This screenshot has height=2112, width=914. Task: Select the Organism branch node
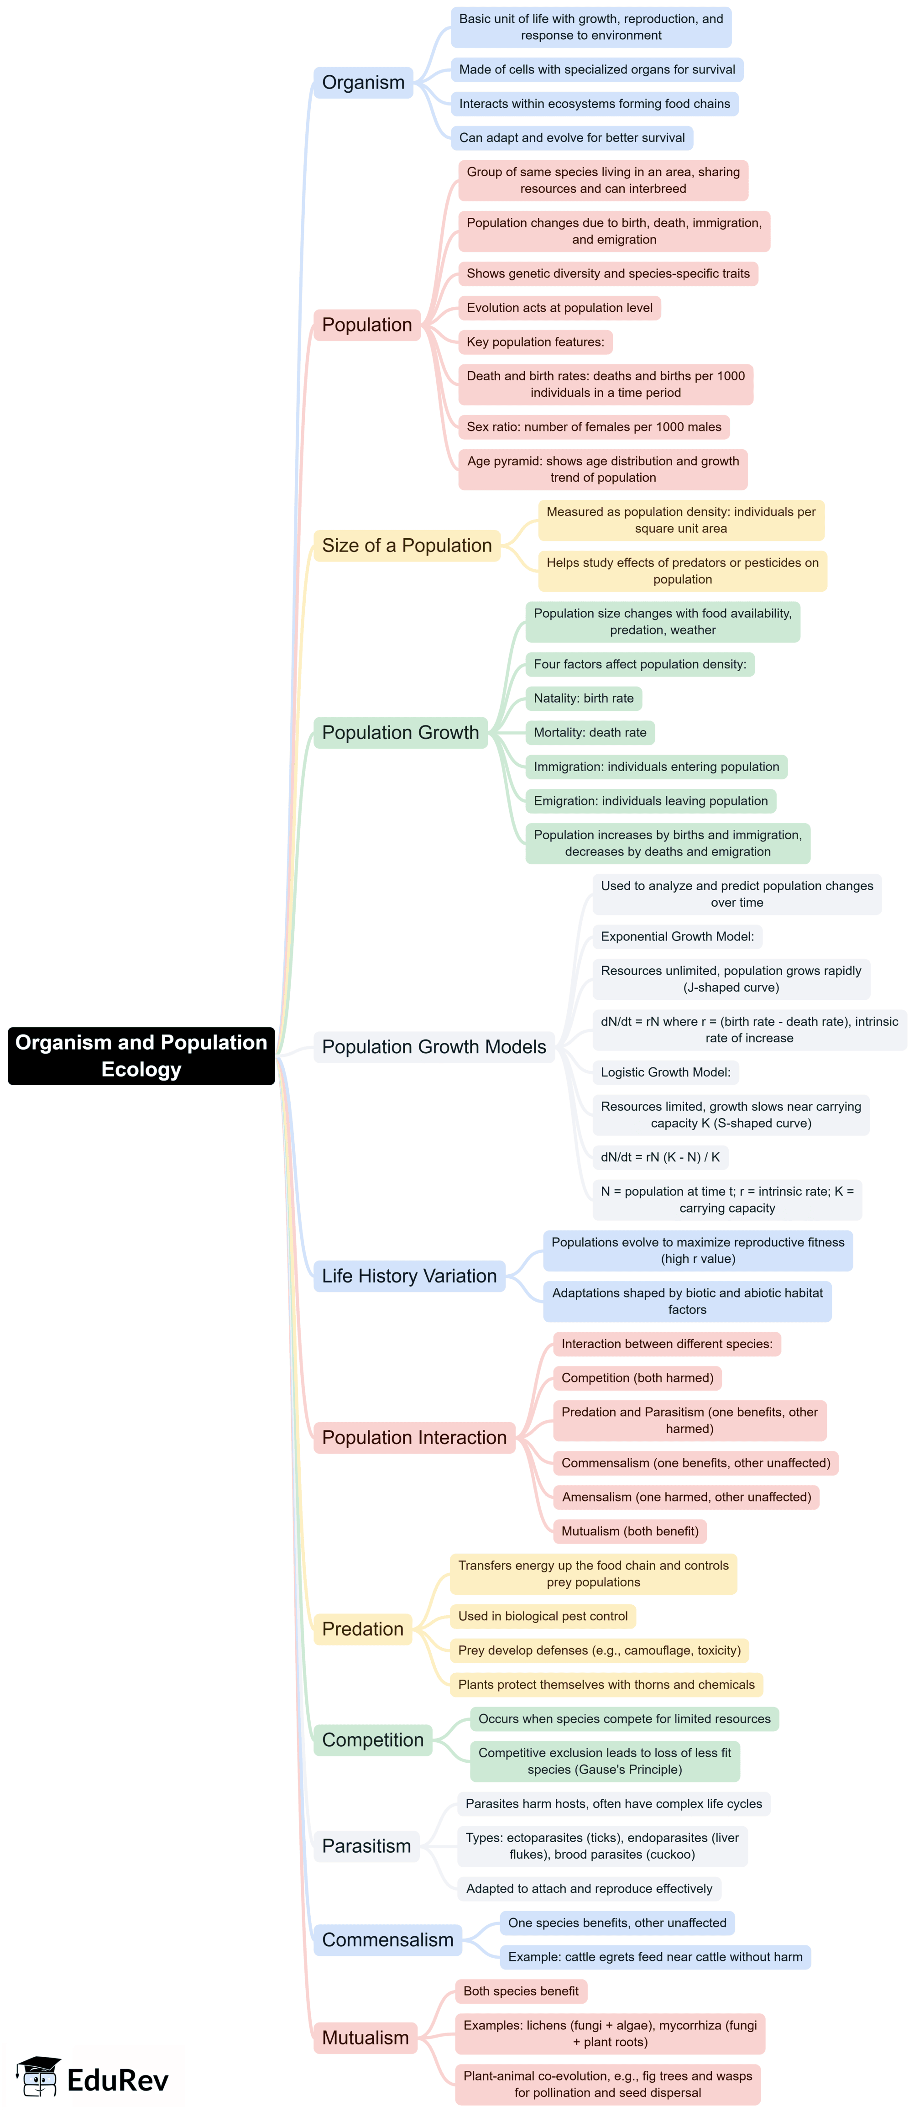click(x=363, y=83)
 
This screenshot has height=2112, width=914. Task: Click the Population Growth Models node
click(x=433, y=1047)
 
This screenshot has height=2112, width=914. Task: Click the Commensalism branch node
click(x=388, y=1940)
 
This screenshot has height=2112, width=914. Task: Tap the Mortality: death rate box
click(x=590, y=733)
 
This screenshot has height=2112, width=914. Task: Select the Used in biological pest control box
click(x=543, y=1616)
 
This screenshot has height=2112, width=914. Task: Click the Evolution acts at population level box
click(x=559, y=308)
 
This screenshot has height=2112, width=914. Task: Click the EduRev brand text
click(x=117, y=2080)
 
